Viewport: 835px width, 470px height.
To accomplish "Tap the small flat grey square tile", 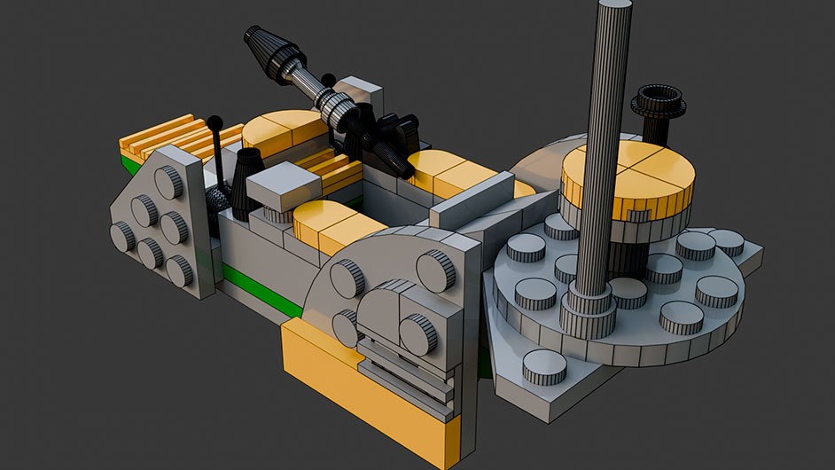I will point(283,184).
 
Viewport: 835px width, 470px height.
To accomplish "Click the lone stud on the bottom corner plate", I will point(543,366).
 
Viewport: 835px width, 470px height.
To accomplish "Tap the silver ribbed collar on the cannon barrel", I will point(338,107).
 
